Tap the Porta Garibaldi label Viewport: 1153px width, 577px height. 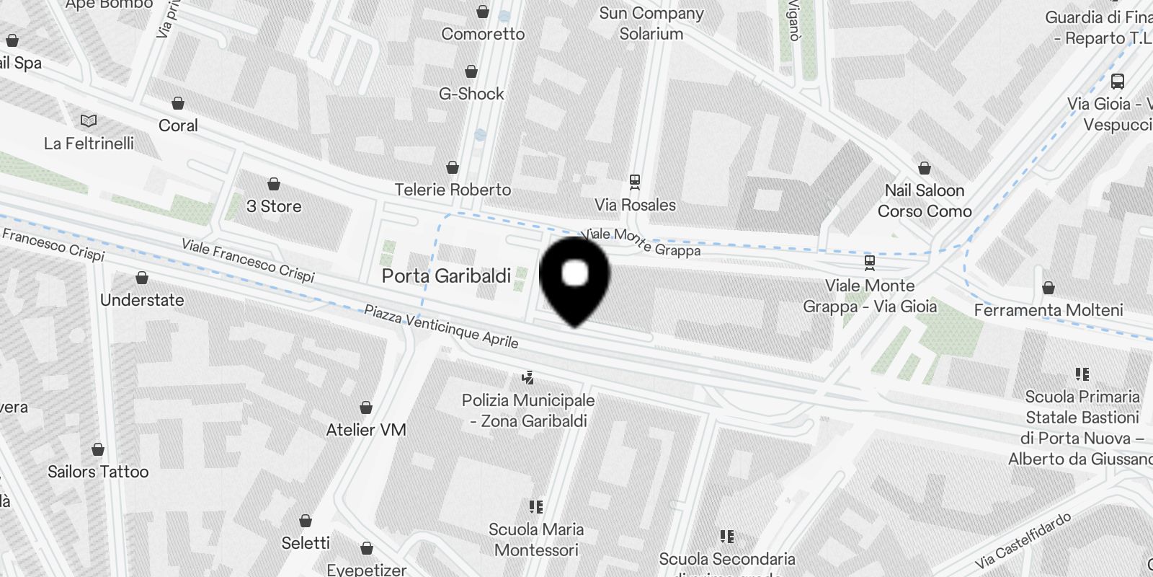pos(446,276)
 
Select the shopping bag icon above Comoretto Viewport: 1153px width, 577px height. pos(483,12)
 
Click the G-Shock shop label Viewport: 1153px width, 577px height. pos(471,94)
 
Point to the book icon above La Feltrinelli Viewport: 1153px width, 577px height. pos(89,121)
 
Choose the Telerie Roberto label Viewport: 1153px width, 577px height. pos(453,190)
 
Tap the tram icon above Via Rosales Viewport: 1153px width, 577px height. pos(635,181)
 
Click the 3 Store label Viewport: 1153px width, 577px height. pos(274,206)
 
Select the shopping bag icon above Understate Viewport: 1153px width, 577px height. pos(142,278)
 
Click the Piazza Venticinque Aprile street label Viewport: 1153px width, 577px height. pos(441,326)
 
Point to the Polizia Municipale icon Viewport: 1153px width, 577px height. pos(528,377)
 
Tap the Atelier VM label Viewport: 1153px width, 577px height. pos(366,430)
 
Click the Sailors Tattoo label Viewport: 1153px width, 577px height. pos(98,472)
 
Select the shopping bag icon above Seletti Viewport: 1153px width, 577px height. pos(306,520)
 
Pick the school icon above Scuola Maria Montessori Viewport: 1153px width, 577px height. pos(535,506)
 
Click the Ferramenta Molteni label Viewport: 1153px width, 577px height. pos(1049,310)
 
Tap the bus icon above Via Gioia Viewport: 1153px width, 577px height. pos(1118,82)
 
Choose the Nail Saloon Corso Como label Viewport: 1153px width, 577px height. pos(925,201)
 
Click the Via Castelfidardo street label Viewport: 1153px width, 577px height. pos(1023,540)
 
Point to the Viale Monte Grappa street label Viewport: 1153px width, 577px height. pos(641,242)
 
